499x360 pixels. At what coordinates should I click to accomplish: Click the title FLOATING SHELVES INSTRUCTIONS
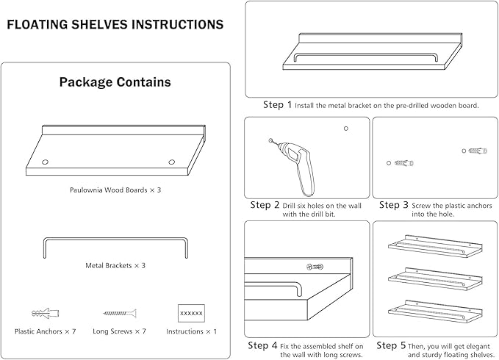click(115, 24)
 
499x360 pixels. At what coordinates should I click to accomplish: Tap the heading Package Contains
click(115, 82)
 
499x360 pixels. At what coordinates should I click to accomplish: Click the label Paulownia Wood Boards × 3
click(115, 190)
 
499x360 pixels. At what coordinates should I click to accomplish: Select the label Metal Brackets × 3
click(115, 265)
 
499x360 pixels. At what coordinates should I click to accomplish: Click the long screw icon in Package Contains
click(118, 313)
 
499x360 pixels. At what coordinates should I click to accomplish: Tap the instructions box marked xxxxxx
click(191, 313)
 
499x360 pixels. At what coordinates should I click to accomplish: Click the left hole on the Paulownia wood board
click(44, 162)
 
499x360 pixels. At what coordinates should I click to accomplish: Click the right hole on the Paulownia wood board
click(171, 162)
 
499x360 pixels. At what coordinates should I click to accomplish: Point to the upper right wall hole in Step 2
click(345, 129)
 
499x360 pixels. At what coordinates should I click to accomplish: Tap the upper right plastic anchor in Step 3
click(478, 151)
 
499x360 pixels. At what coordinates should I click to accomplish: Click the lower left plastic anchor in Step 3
click(402, 162)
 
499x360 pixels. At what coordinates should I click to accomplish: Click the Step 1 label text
click(278, 105)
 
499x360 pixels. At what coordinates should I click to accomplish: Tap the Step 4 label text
click(263, 345)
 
